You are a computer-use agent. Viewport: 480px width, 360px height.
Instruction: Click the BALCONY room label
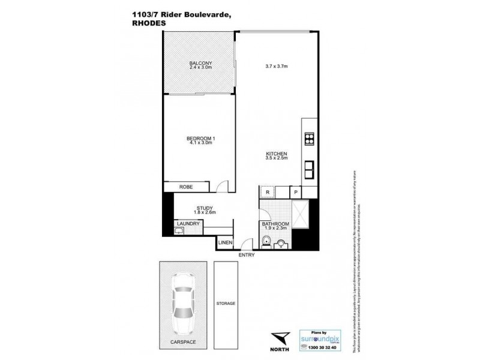pos(198,62)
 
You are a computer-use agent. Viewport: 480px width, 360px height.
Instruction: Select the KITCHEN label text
pos(277,154)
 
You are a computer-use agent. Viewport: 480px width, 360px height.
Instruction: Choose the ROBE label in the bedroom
pos(185,187)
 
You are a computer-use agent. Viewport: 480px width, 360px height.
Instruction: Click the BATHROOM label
pos(275,224)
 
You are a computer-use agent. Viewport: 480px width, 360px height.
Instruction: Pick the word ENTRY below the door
pos(247,255)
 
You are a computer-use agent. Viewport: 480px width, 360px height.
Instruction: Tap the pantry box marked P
pos(295,192)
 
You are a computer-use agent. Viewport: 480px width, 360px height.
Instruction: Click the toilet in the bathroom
pos(266,241)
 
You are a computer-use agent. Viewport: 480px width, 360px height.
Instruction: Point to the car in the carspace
pos(182,303)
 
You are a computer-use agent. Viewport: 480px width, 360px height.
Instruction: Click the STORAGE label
pos(226,304)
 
